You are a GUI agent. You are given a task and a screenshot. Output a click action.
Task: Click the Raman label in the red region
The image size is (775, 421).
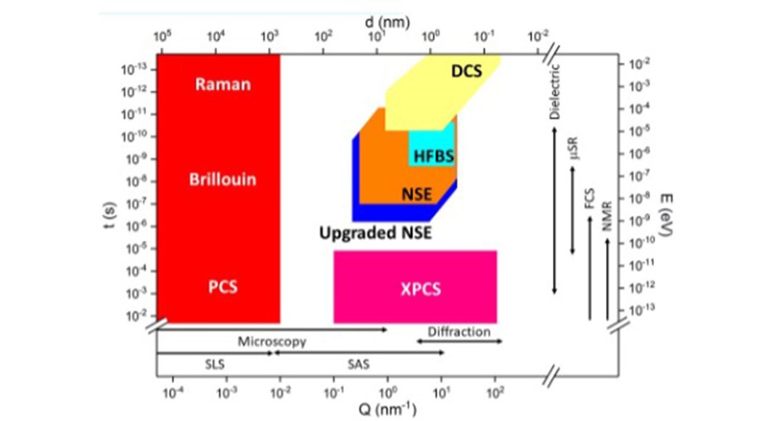223,84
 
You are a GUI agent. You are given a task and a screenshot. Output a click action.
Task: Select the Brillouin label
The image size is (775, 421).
223,179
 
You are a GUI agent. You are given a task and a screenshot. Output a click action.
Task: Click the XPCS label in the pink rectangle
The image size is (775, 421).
421,289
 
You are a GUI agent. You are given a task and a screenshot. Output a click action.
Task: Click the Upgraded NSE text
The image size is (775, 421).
375,234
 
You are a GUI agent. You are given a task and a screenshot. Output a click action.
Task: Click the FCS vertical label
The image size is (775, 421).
591,197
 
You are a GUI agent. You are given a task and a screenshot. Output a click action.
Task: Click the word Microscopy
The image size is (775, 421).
272,340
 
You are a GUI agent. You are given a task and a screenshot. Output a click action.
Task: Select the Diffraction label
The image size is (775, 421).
459,332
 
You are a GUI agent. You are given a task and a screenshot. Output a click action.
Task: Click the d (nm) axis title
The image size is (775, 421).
388,22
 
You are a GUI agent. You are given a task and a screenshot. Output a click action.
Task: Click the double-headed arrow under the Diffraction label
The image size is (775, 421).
459,340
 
